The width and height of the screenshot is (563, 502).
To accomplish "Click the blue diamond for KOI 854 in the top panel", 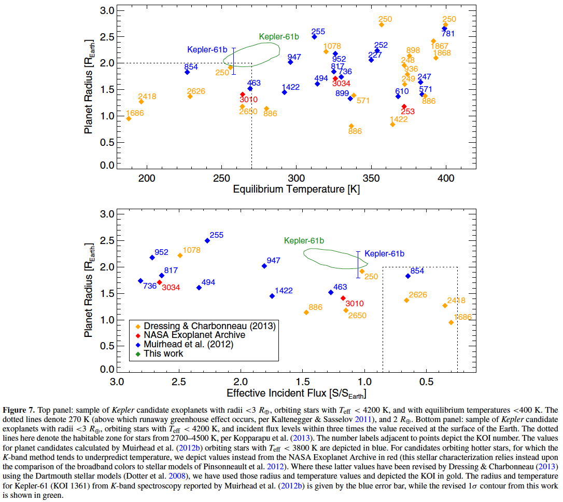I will [187, 72].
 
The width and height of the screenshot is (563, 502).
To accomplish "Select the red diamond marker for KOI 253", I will [404, 106].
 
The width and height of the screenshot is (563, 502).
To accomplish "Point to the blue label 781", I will [448, 34].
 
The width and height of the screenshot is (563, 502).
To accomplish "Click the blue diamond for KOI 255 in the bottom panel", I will [207, 240].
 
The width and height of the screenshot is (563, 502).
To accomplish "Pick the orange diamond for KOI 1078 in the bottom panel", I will [180, 255].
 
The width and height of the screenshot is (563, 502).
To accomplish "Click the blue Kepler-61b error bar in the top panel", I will [234, 61].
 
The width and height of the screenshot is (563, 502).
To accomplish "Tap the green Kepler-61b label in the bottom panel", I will [304, 241].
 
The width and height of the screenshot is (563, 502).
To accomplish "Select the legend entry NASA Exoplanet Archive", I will [194, 335].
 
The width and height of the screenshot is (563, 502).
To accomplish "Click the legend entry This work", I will [163, 354].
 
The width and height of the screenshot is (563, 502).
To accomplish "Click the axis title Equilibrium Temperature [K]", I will [296, 189].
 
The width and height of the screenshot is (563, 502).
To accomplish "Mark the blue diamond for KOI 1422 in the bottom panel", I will [272, 296].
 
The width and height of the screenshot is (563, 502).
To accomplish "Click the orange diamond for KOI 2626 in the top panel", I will [190, 96].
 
